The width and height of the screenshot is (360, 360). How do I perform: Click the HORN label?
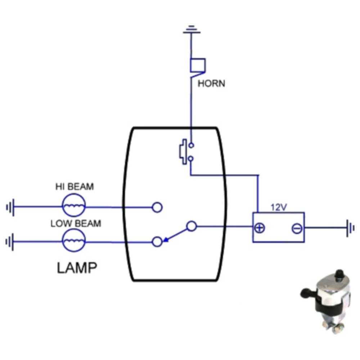pos(211,84)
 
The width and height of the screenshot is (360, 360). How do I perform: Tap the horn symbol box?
pos(198,65)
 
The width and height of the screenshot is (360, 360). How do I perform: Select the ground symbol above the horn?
pos(192,30)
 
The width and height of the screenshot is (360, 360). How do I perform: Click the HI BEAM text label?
pos(74,187)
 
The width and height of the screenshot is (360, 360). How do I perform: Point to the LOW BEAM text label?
pos(76,223)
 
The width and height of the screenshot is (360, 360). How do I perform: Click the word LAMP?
pos(77,268)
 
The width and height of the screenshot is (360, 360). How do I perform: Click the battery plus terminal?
pos(260,228)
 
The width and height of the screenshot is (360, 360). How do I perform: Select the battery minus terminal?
pos(297,228)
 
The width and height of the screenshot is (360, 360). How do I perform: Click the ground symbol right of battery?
pos(350,228)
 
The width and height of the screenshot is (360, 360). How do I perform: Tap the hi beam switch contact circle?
pos(157,207)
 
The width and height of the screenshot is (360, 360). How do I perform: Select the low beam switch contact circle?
pos(157,242)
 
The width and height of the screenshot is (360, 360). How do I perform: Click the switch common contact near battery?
pos(192,226)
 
